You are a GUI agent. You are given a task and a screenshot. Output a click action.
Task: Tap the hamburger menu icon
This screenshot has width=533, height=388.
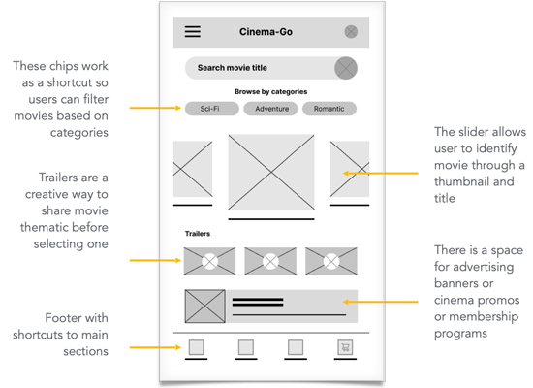click(x=193, y=31)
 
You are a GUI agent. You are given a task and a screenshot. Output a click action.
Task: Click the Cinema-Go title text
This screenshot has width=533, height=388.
click(x=266, y=32)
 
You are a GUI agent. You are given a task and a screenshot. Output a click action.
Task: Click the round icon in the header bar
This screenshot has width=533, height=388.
click(x=351, y=32)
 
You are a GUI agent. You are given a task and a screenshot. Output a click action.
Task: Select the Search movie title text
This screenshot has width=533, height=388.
click(x=233, y=68)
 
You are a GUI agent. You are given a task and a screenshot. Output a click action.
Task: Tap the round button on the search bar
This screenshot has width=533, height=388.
click(x=346, y=68)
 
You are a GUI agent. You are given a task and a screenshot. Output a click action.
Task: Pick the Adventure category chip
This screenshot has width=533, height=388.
click(x=270, y=109)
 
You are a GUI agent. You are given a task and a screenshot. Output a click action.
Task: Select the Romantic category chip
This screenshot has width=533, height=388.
click(x=329, y=109)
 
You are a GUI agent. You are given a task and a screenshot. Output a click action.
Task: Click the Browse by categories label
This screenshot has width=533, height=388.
click(x=271, y=91)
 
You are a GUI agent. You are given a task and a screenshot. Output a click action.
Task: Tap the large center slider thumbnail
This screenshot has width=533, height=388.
click(x=271, y=173)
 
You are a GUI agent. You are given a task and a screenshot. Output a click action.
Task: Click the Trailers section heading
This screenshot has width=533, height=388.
click(x=198, y=234)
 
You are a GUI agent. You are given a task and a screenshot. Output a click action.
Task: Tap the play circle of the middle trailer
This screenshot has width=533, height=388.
click(x=270, y=261)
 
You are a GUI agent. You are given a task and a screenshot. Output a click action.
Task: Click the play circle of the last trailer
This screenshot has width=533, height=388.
click(x=331, y=261)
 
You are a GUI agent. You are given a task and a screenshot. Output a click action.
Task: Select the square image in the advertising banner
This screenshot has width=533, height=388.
click(x=205, y=307)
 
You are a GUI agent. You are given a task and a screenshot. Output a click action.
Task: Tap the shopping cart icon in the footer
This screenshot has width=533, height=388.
click(x=345, y=347)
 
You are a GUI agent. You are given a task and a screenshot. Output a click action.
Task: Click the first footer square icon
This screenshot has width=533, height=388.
click(x=196, y=347)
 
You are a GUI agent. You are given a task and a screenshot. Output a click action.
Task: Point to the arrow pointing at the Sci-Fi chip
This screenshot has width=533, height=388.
click(x=155, y=108)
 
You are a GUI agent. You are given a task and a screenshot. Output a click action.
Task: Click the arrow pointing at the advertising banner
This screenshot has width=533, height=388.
click(x=381, y=302)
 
